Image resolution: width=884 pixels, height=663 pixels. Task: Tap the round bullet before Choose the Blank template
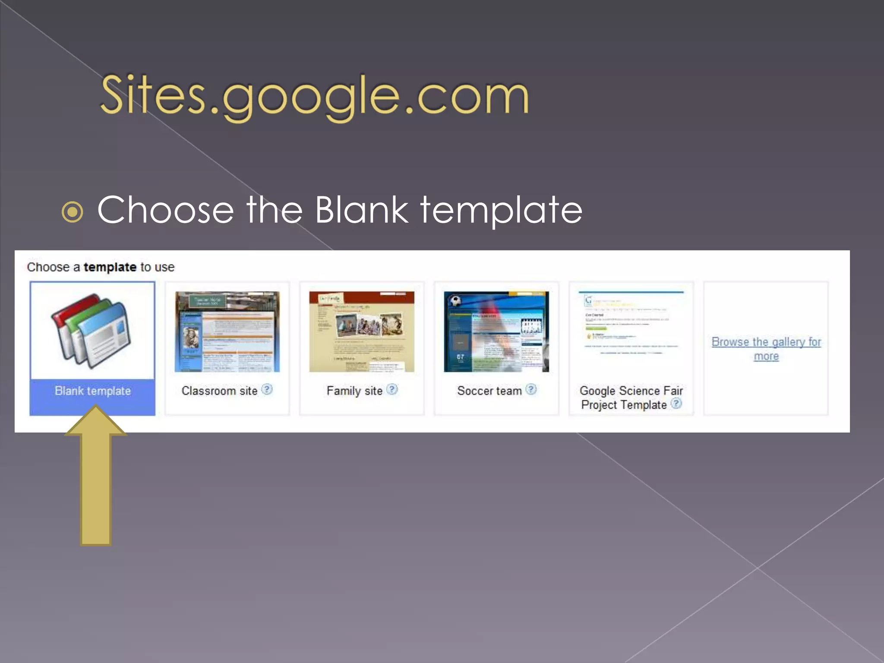pos(73,212)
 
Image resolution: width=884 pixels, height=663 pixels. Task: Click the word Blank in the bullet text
pos(361,210)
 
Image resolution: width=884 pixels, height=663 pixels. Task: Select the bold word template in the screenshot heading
pos(110,267)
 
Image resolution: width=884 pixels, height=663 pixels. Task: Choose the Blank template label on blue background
pos(93,391)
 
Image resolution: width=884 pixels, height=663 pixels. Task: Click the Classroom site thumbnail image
pos(227,331)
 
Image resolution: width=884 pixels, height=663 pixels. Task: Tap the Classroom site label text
pos(219,391)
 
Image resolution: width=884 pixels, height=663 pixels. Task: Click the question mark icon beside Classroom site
pos(267,389)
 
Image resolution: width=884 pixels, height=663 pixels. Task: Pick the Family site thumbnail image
pos(362,331)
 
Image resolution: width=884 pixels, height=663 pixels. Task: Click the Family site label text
pos(354,391)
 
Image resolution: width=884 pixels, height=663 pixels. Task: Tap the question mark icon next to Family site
pos(392,389)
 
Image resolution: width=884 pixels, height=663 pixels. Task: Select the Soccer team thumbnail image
pos(496,331)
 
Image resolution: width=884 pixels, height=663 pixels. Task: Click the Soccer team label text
pos(489,391)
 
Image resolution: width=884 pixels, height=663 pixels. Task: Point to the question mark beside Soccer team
pos(531,389)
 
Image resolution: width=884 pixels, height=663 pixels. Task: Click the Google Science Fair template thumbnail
pos(631,328)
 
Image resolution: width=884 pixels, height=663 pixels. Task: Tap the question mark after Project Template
pos(676,404)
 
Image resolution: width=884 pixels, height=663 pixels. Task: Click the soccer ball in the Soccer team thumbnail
pos(455,300)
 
